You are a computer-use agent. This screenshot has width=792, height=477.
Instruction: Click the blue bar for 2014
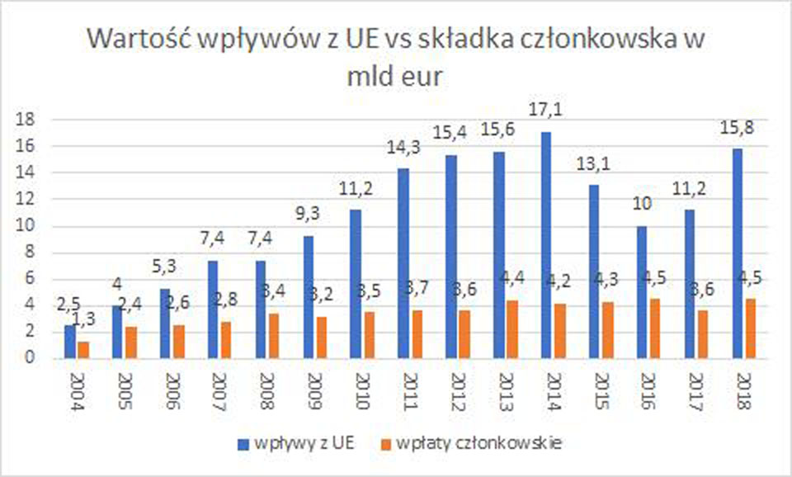pos(546,245)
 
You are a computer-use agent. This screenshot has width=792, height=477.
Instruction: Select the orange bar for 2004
pos(83,350)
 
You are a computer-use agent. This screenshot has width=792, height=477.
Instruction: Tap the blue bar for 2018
pos(736,253)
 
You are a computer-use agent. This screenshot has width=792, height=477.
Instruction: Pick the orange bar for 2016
pos(655,328)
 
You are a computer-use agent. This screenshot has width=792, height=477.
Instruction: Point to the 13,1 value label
pos(593,164)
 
